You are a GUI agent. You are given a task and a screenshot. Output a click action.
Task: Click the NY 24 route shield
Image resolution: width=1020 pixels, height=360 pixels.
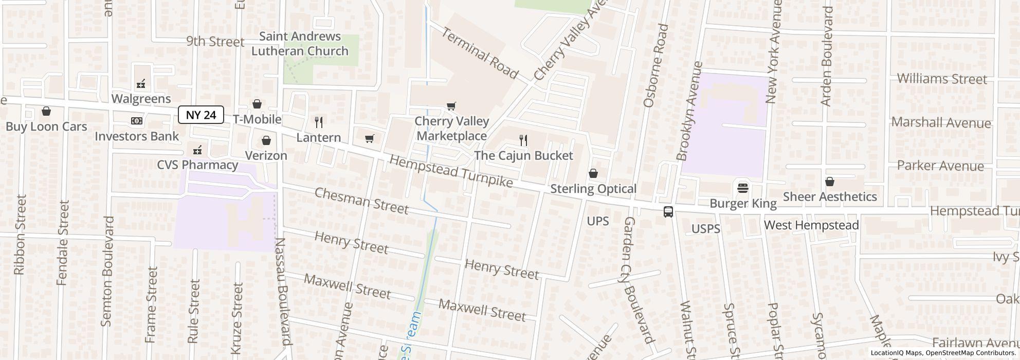201,115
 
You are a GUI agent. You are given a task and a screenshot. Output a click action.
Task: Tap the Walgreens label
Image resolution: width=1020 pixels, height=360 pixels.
141,98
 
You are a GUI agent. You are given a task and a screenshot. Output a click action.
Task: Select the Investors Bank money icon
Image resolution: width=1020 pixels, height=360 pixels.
136,121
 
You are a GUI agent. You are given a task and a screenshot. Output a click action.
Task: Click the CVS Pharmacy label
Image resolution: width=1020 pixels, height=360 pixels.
197,165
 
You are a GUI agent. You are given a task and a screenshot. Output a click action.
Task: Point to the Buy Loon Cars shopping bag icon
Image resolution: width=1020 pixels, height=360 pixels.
46,111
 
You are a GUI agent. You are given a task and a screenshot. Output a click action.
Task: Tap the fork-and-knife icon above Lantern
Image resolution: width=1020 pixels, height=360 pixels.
319,122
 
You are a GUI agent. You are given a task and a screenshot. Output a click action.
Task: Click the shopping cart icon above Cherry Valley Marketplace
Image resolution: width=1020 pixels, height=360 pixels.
451,106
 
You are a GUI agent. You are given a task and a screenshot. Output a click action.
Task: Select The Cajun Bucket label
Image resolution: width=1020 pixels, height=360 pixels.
523,155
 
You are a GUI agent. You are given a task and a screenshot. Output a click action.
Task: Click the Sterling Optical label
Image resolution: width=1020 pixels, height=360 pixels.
593,189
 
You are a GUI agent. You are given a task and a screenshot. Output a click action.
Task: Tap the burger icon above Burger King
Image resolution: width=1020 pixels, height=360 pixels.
742,188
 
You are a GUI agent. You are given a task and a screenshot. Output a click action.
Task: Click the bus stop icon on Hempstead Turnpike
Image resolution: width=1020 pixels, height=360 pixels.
668,211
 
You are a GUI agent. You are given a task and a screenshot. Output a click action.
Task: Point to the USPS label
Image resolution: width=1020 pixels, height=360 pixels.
705,229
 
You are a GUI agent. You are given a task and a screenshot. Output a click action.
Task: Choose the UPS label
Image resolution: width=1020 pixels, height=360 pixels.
598,221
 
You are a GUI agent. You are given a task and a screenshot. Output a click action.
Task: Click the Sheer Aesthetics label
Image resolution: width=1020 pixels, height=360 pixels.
829,196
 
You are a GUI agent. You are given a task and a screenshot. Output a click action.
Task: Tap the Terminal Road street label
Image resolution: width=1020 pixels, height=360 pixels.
479,53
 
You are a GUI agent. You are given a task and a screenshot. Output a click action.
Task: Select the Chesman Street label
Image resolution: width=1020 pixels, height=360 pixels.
361,201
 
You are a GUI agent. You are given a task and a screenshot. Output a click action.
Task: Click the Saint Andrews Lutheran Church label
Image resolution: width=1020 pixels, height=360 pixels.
300,44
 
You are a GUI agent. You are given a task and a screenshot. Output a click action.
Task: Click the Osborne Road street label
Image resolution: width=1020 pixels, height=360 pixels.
655,65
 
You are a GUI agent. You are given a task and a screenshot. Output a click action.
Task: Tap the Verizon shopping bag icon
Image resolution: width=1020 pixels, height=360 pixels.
266,140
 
